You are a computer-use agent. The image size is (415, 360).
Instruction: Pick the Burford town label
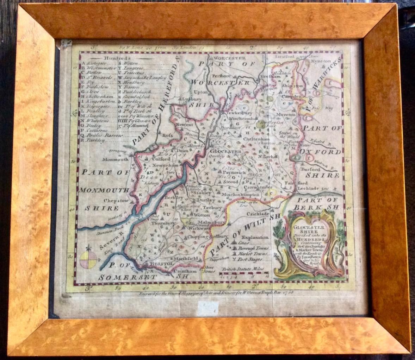click(x=311, y=169)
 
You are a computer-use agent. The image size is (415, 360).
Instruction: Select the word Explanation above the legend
click(x=255, y=237)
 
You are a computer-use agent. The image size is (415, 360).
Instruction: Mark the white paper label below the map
click(x=207, y=310)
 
